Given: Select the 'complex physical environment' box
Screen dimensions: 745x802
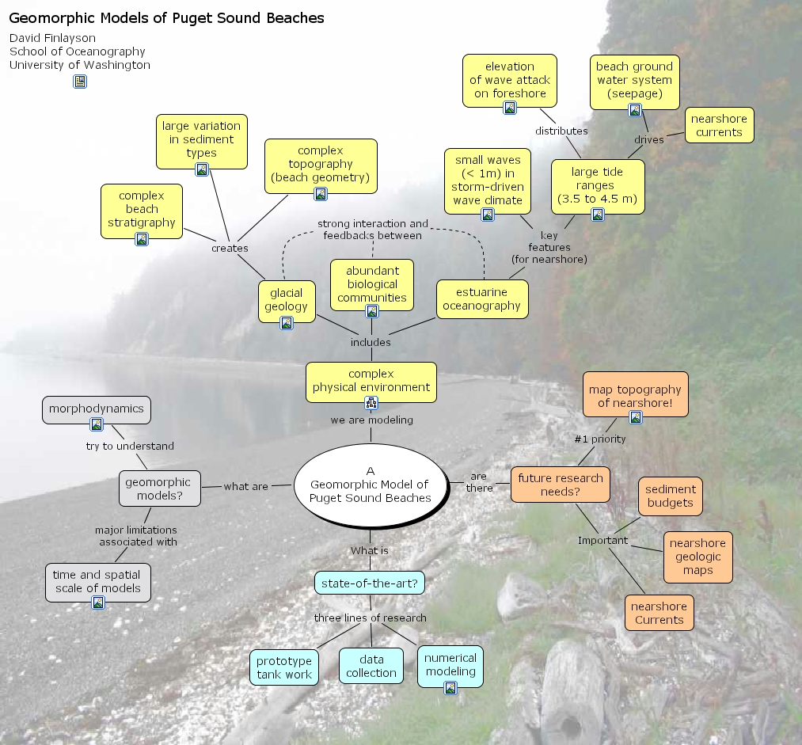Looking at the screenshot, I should click(371, 381).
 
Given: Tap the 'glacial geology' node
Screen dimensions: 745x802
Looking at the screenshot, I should click(287, 299).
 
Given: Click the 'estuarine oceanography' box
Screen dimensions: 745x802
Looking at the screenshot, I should click(481, 298).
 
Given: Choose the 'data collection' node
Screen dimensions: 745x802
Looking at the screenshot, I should click(371, 666).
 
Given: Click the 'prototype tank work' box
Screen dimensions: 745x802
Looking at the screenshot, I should click(284, 667).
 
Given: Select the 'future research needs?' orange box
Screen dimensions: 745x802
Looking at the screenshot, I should click(561, 485).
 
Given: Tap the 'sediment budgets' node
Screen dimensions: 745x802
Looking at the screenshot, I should click(670, 496).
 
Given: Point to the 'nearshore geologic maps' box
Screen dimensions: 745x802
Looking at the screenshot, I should click(697, 557).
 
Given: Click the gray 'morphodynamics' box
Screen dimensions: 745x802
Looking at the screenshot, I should click(97, 409).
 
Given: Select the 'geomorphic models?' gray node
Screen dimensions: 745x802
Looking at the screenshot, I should click(159, 488).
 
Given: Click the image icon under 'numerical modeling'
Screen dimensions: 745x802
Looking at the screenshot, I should click(450, 688).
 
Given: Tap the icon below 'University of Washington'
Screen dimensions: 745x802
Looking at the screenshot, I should click(80, 82).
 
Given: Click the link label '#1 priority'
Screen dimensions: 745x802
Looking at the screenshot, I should click(600, 439).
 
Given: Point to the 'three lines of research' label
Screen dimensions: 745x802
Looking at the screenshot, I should click(371, 618).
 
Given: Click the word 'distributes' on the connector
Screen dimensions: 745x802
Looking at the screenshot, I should click(561, 131).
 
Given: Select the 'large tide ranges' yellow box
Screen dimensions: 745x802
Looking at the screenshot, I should click(597, 185).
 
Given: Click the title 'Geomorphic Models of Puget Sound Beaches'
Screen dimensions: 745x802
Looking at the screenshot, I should click(166, 18).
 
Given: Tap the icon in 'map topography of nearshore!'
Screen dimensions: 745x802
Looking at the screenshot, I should click(635, 417).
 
